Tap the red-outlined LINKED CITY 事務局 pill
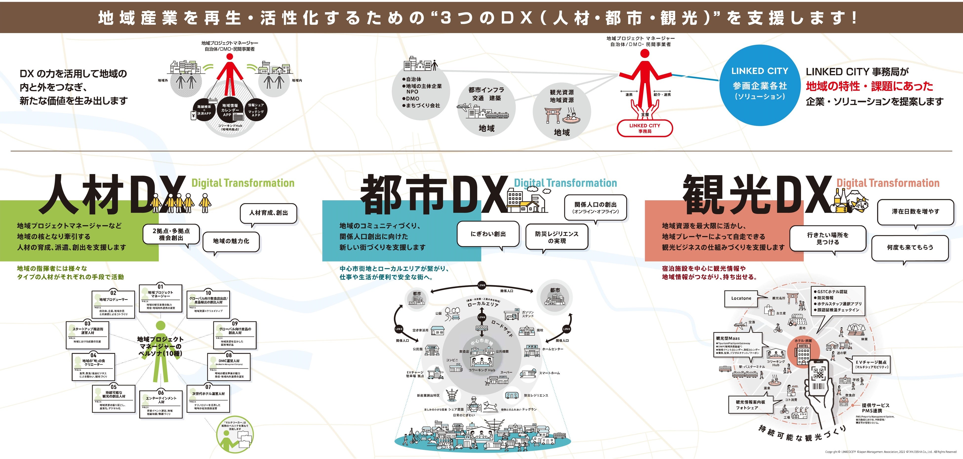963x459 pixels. point(644,128)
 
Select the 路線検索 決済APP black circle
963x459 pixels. point(204,110)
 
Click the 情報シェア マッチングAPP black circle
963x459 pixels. point(256,110)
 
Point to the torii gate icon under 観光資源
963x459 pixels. point(553,115)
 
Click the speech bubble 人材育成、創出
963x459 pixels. point(268,213)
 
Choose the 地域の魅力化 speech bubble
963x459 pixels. point(231,241)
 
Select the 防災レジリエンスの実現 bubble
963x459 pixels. point(557,237)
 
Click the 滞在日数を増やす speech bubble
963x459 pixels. point(915,212)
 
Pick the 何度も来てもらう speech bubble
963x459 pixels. point(910,247)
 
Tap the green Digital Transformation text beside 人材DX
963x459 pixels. point(243,183)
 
